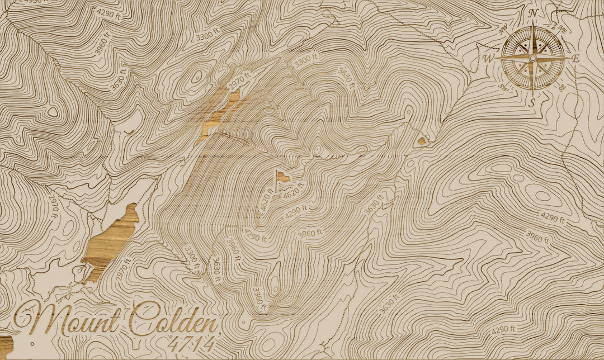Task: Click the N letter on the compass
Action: (533, 12)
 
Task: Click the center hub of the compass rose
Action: (532, 58)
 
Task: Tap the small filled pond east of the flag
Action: (422, 141)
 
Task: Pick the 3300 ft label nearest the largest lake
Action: (192, 259)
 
